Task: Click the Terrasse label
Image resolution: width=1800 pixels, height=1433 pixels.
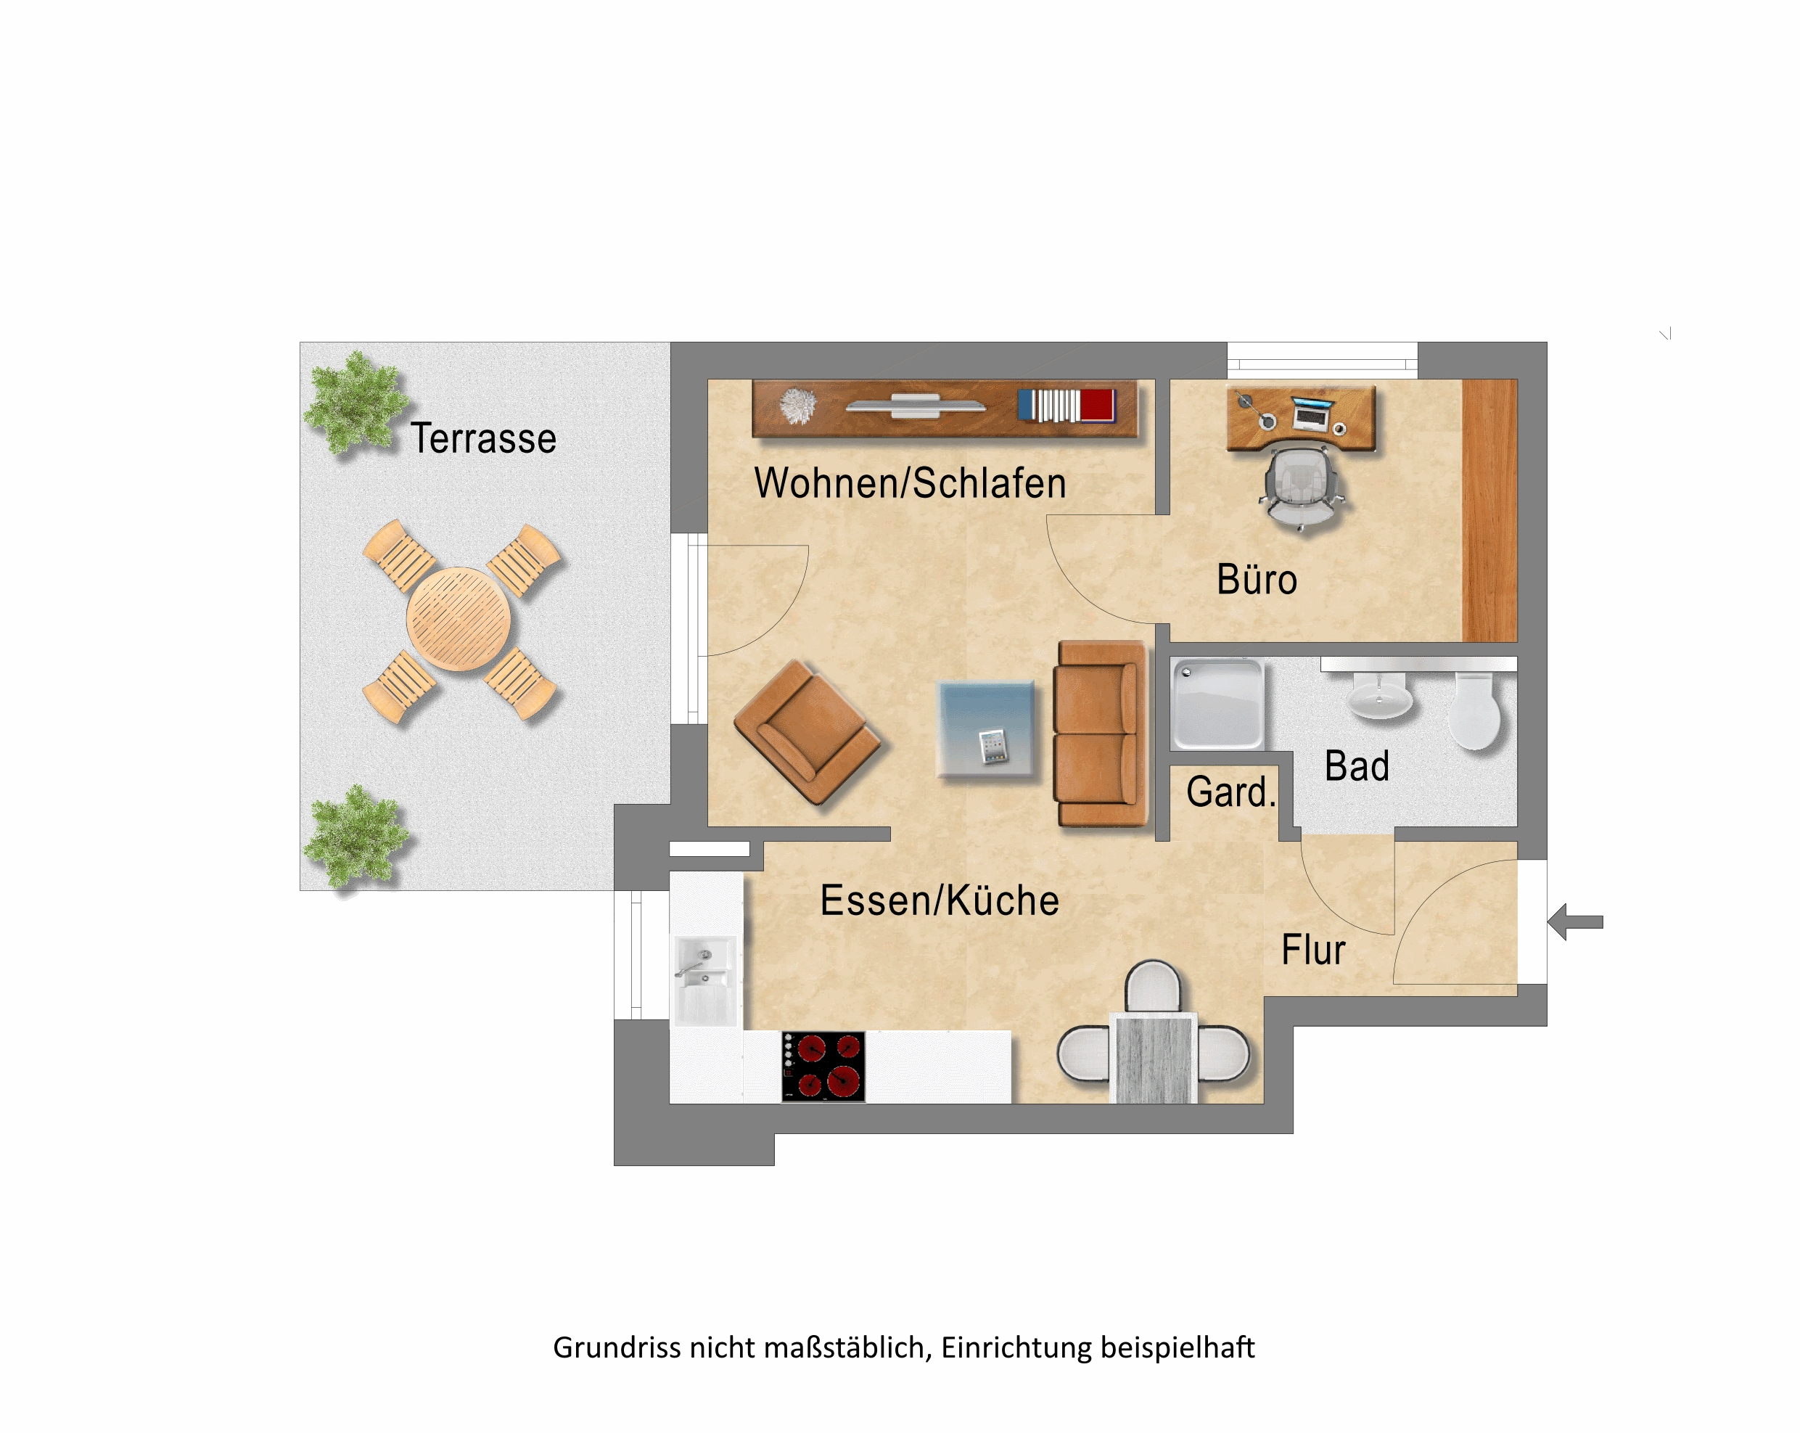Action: click(483, 438)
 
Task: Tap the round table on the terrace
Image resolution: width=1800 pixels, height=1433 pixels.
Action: click(459, 619)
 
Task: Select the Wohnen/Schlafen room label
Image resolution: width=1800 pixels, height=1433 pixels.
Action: click(910, 483)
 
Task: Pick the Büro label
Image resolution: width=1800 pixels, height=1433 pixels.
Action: click(1257, 580)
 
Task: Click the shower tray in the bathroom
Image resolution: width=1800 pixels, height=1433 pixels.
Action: click(1218, 703)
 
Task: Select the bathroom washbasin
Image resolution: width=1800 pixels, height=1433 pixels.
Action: click(1380, 695)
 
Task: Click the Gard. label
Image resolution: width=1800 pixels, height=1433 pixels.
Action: click(1230, 792)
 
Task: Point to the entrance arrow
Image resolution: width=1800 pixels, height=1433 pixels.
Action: click(1574, 922)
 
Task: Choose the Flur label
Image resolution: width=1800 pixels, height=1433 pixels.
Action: click(1313, 950)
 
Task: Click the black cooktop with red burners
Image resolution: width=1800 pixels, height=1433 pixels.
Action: click(823, 1067)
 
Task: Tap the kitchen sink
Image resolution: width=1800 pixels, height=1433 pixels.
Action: click(705, 980)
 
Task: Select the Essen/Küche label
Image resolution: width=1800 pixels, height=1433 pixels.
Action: click(940, 900)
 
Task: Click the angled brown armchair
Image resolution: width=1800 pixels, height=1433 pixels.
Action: click(807, 732)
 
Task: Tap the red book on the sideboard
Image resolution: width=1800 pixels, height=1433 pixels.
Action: click(1098, 406)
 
